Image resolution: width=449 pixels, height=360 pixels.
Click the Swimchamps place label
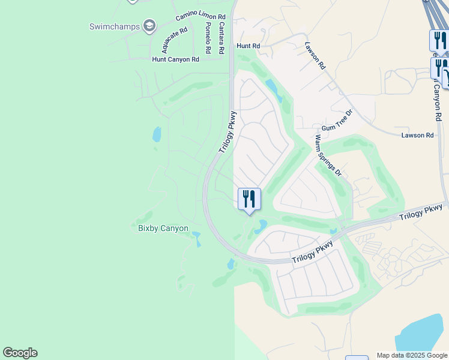click(x=114, y=26)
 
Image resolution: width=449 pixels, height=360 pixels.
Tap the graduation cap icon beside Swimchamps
click(x=149, y=26)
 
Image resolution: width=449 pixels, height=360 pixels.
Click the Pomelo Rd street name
click(x=207, y=37)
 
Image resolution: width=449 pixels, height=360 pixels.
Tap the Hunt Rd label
click(x=248, y=46)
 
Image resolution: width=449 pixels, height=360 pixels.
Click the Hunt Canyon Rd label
click(x=175, y=59)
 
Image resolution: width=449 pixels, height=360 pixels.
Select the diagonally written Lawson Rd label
click(x=315, y=56)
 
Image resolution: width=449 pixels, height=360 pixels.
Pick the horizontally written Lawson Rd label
click(x=417, y=136)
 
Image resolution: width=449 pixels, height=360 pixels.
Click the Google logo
click(x=20, y=353)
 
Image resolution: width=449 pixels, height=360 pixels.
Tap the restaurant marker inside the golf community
click(x=249, y=199)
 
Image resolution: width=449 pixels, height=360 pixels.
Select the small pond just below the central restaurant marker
click(x=261, y=226)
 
